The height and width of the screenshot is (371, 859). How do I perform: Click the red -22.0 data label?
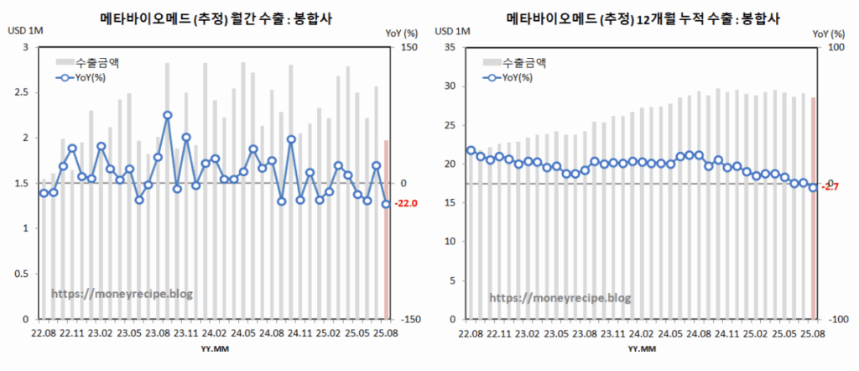point(405,204)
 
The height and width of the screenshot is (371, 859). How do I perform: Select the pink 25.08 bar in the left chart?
point(386,229)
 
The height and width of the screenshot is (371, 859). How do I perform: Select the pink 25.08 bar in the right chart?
point(813,208)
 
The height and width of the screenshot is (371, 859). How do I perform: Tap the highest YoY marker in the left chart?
point(167,115)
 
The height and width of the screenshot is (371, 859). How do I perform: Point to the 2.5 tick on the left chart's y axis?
point(23,92)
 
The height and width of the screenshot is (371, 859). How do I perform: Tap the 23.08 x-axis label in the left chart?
point(157,334)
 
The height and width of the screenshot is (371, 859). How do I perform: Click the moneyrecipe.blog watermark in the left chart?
point(123,293)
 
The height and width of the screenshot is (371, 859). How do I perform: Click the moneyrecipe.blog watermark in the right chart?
point(560,297)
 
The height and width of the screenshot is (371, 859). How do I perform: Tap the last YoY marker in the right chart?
point(813,187)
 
